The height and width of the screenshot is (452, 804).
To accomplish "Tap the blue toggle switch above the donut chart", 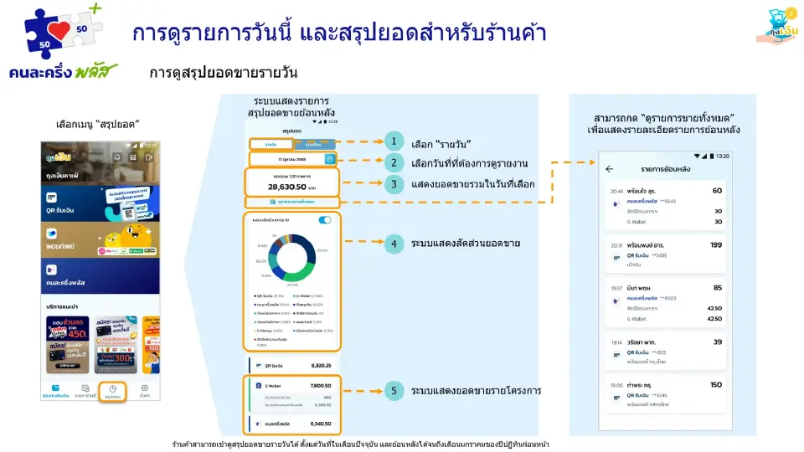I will coord(325,220).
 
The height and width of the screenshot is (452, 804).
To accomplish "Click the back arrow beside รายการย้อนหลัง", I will coord(609,169).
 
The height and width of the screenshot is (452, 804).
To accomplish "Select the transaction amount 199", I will coord(715,245).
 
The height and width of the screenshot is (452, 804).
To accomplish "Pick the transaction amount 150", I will coord(715,385).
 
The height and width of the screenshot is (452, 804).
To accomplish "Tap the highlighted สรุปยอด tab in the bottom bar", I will coord(113,392).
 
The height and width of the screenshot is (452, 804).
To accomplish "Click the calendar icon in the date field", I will coord(330,159).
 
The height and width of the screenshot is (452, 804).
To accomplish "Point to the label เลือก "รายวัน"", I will coord(441,142).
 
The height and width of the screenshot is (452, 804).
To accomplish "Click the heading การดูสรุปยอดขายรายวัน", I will coord(224,73).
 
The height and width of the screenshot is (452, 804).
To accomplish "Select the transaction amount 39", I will coord(718,342).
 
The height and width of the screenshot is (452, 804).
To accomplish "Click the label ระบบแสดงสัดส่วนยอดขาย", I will coord(466,244).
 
